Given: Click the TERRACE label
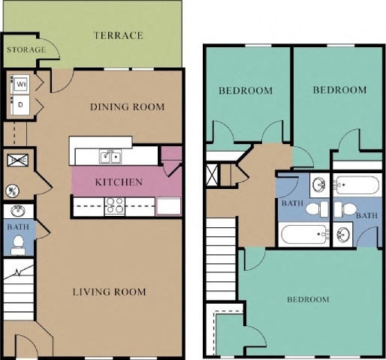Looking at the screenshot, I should [x=118, y=35].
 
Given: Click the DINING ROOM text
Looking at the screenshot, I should [x=127, y=107].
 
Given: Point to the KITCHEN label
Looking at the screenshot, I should [x=119, y=181].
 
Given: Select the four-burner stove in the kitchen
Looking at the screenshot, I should [x=116, y=205].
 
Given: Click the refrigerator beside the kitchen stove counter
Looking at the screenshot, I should [x=167, y=205].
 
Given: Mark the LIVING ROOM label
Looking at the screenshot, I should [x=110, y=292].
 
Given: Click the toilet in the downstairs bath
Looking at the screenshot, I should [x=18, y=244].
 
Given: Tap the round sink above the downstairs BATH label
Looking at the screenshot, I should [x=17, y=211].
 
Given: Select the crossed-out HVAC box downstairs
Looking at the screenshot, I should [x=18, y=160].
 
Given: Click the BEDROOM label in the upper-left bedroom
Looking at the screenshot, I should [x=245, y=91].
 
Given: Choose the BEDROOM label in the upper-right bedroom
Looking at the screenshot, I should [x=339, y=90].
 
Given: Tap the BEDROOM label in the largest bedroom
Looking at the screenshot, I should [x=308, y=299].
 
